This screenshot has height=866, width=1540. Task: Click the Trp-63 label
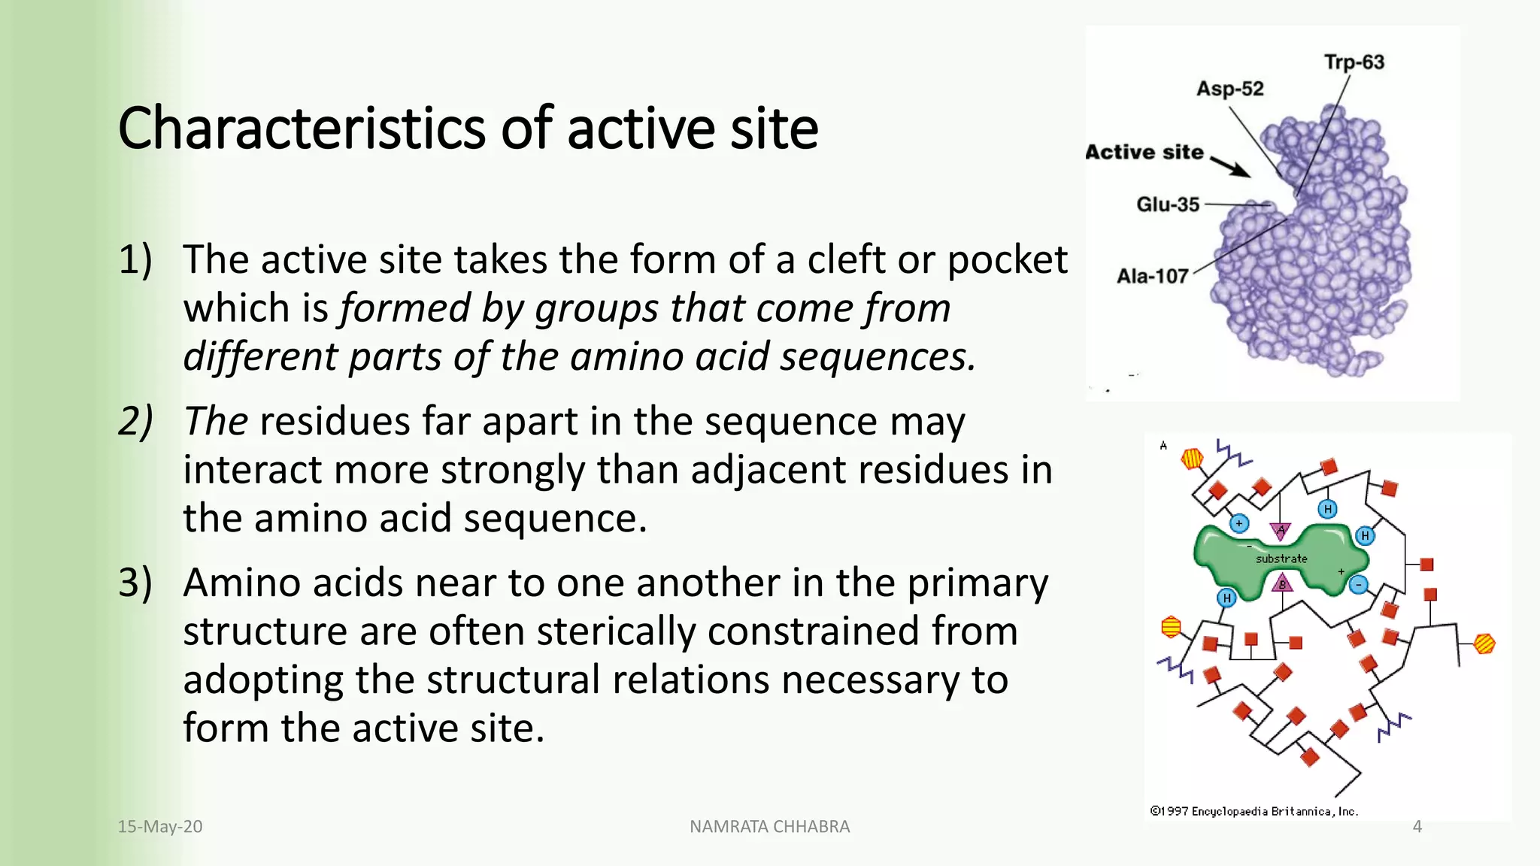click(1354, 62)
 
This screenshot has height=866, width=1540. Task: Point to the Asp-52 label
click(1229, 89)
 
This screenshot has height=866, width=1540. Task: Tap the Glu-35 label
click(1167, 204)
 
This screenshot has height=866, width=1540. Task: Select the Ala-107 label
click(1151, 277)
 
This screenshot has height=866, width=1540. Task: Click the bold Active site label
click(1144, 153)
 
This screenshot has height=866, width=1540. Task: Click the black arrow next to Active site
click(1231, 166)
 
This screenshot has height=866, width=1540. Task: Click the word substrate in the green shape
click(1281, 559)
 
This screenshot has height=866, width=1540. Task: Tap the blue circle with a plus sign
click(1239, 523)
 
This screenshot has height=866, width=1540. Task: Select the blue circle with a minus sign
click(1358, 585)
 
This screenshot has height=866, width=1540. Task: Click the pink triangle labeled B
click(1282, 583)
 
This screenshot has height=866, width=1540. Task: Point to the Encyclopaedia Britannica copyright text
click(1254, 811)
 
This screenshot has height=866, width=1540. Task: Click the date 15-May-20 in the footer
click(159, 827)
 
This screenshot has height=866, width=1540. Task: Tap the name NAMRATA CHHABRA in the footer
click(769, 827)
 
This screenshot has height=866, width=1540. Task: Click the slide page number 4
click(1417, 827)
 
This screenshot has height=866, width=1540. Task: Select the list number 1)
click(135, 260)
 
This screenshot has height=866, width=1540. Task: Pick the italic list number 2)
click(135, 421)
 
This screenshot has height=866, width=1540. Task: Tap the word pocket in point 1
click(1006, 260)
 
